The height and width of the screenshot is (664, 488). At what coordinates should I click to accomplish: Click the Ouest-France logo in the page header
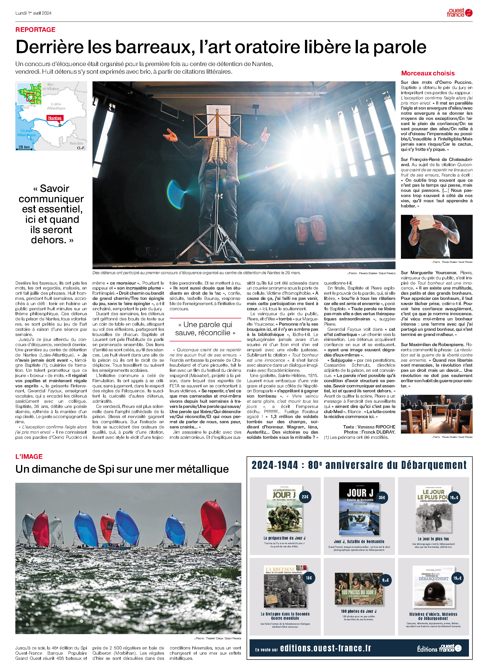coord(459,13)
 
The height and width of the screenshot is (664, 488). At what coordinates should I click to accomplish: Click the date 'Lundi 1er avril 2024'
coord(33,13)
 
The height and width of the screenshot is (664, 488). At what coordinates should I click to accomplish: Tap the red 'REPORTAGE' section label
coord(35,29)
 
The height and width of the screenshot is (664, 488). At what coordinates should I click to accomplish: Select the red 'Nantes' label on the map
coord(55,118)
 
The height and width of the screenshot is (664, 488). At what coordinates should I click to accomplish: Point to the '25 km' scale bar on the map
coord(24,147)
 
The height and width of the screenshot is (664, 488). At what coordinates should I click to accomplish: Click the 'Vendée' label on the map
coord(76,143)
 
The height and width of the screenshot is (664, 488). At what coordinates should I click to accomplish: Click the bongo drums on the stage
coord(311,229)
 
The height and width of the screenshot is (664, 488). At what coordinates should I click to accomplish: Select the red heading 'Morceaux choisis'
coord(428,73)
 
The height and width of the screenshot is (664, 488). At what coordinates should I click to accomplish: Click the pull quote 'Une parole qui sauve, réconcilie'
coord(205,329)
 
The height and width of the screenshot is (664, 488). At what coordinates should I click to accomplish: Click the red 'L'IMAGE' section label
coord(29,456)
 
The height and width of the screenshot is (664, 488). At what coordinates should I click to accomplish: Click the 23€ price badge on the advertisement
coord(305,497)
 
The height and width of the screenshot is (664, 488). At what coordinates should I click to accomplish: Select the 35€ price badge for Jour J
coord(382,497)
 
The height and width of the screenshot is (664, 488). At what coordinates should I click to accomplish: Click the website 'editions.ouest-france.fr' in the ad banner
coord(325,648)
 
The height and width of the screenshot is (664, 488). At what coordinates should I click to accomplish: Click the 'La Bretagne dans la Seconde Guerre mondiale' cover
coord(285,586)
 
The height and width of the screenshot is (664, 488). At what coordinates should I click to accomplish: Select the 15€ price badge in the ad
coord(309,578)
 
